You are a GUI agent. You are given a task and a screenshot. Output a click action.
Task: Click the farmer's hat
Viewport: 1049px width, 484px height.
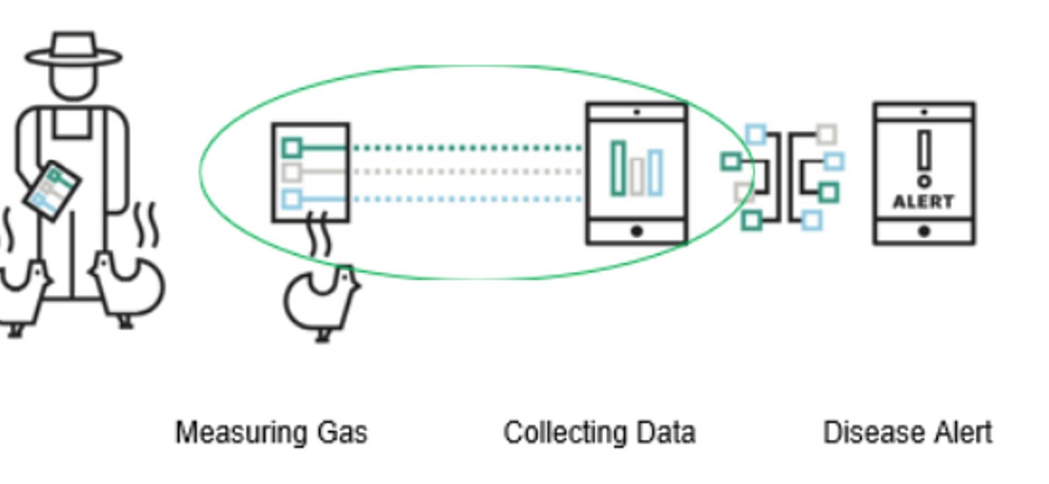click(73, 50)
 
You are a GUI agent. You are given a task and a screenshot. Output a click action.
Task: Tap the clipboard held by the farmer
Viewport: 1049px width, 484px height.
click(52, 190)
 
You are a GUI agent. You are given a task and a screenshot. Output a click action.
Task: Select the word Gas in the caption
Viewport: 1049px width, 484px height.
click(343, 433)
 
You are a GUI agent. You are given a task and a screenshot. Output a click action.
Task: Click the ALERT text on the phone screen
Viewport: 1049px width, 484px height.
click(923, 202)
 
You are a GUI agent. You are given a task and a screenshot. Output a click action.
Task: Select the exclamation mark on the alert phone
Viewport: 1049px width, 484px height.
click(925, 158)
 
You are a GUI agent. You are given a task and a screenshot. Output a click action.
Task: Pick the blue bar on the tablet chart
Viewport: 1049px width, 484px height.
click(656, 173)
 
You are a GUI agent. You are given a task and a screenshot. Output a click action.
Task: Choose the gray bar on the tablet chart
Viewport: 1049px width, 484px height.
click(637, 177)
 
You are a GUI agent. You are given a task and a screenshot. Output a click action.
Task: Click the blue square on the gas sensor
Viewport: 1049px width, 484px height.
click(292, 199)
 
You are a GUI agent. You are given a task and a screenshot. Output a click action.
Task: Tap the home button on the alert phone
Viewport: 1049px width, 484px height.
click(924, 231)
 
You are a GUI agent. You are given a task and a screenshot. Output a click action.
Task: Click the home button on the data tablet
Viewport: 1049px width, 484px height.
click(637, 231)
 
